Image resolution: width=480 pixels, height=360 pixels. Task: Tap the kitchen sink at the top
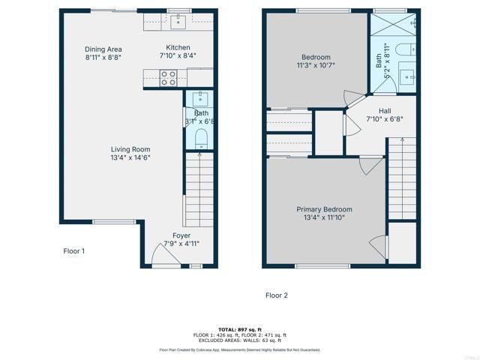coord(178,22)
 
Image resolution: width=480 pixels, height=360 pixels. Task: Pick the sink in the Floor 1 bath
coord(199,98)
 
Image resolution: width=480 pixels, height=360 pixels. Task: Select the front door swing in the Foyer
coord(163,256)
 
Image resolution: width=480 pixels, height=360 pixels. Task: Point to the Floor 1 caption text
coord(73,251)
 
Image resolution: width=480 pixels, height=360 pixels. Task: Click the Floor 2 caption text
coord(276,295)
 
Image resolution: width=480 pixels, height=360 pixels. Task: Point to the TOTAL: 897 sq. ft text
coord(239,329)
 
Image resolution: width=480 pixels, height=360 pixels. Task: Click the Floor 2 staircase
coord(401,180)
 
